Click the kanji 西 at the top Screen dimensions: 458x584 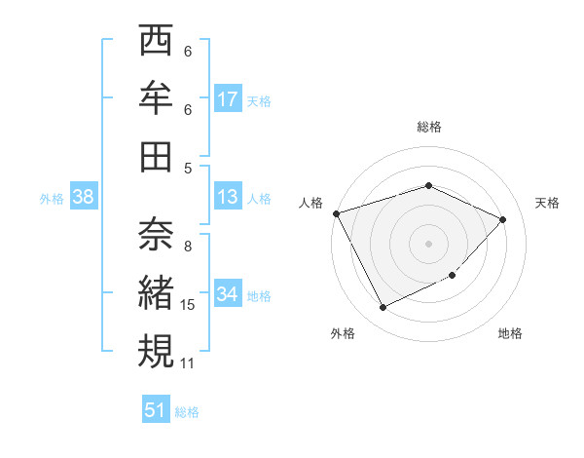point(156,43)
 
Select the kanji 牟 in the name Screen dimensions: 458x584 point(156,98)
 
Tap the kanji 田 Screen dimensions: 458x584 point(156,156)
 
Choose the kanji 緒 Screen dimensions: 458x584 point(156,292)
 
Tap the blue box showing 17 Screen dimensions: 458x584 point(228,99)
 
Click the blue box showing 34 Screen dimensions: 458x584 point(228,294)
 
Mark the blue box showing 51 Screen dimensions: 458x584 point(156,410)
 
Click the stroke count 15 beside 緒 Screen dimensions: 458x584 point(189,305)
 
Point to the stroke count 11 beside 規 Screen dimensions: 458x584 point(189,363)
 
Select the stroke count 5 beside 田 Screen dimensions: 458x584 point(188,168)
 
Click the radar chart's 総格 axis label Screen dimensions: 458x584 point(429,127)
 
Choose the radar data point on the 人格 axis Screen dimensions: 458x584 point(336,213)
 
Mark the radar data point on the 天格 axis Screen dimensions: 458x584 point(502,219)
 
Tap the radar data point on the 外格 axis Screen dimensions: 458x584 point(383,308)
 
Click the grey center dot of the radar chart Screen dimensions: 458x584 point(429,243)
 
